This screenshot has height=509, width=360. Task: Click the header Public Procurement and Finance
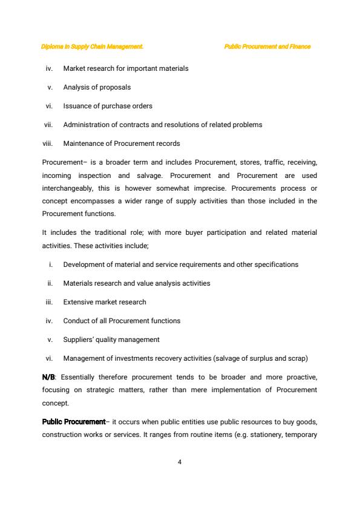tap(267, 47)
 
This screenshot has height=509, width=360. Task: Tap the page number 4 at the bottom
tap(180, 462)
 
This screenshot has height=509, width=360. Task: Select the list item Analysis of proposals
tap(97, 87)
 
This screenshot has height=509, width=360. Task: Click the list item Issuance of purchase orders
tap(108, 106)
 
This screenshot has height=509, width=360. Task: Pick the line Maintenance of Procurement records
tap(121, 143)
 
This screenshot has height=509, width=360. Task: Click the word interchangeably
tap(70, 187)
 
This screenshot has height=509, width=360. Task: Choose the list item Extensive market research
tap(105, 302)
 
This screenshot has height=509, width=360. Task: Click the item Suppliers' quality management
tap(111, 340)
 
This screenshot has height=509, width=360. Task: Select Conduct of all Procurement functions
tap(122, 321)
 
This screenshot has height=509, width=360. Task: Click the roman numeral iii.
tap(50, 302)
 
